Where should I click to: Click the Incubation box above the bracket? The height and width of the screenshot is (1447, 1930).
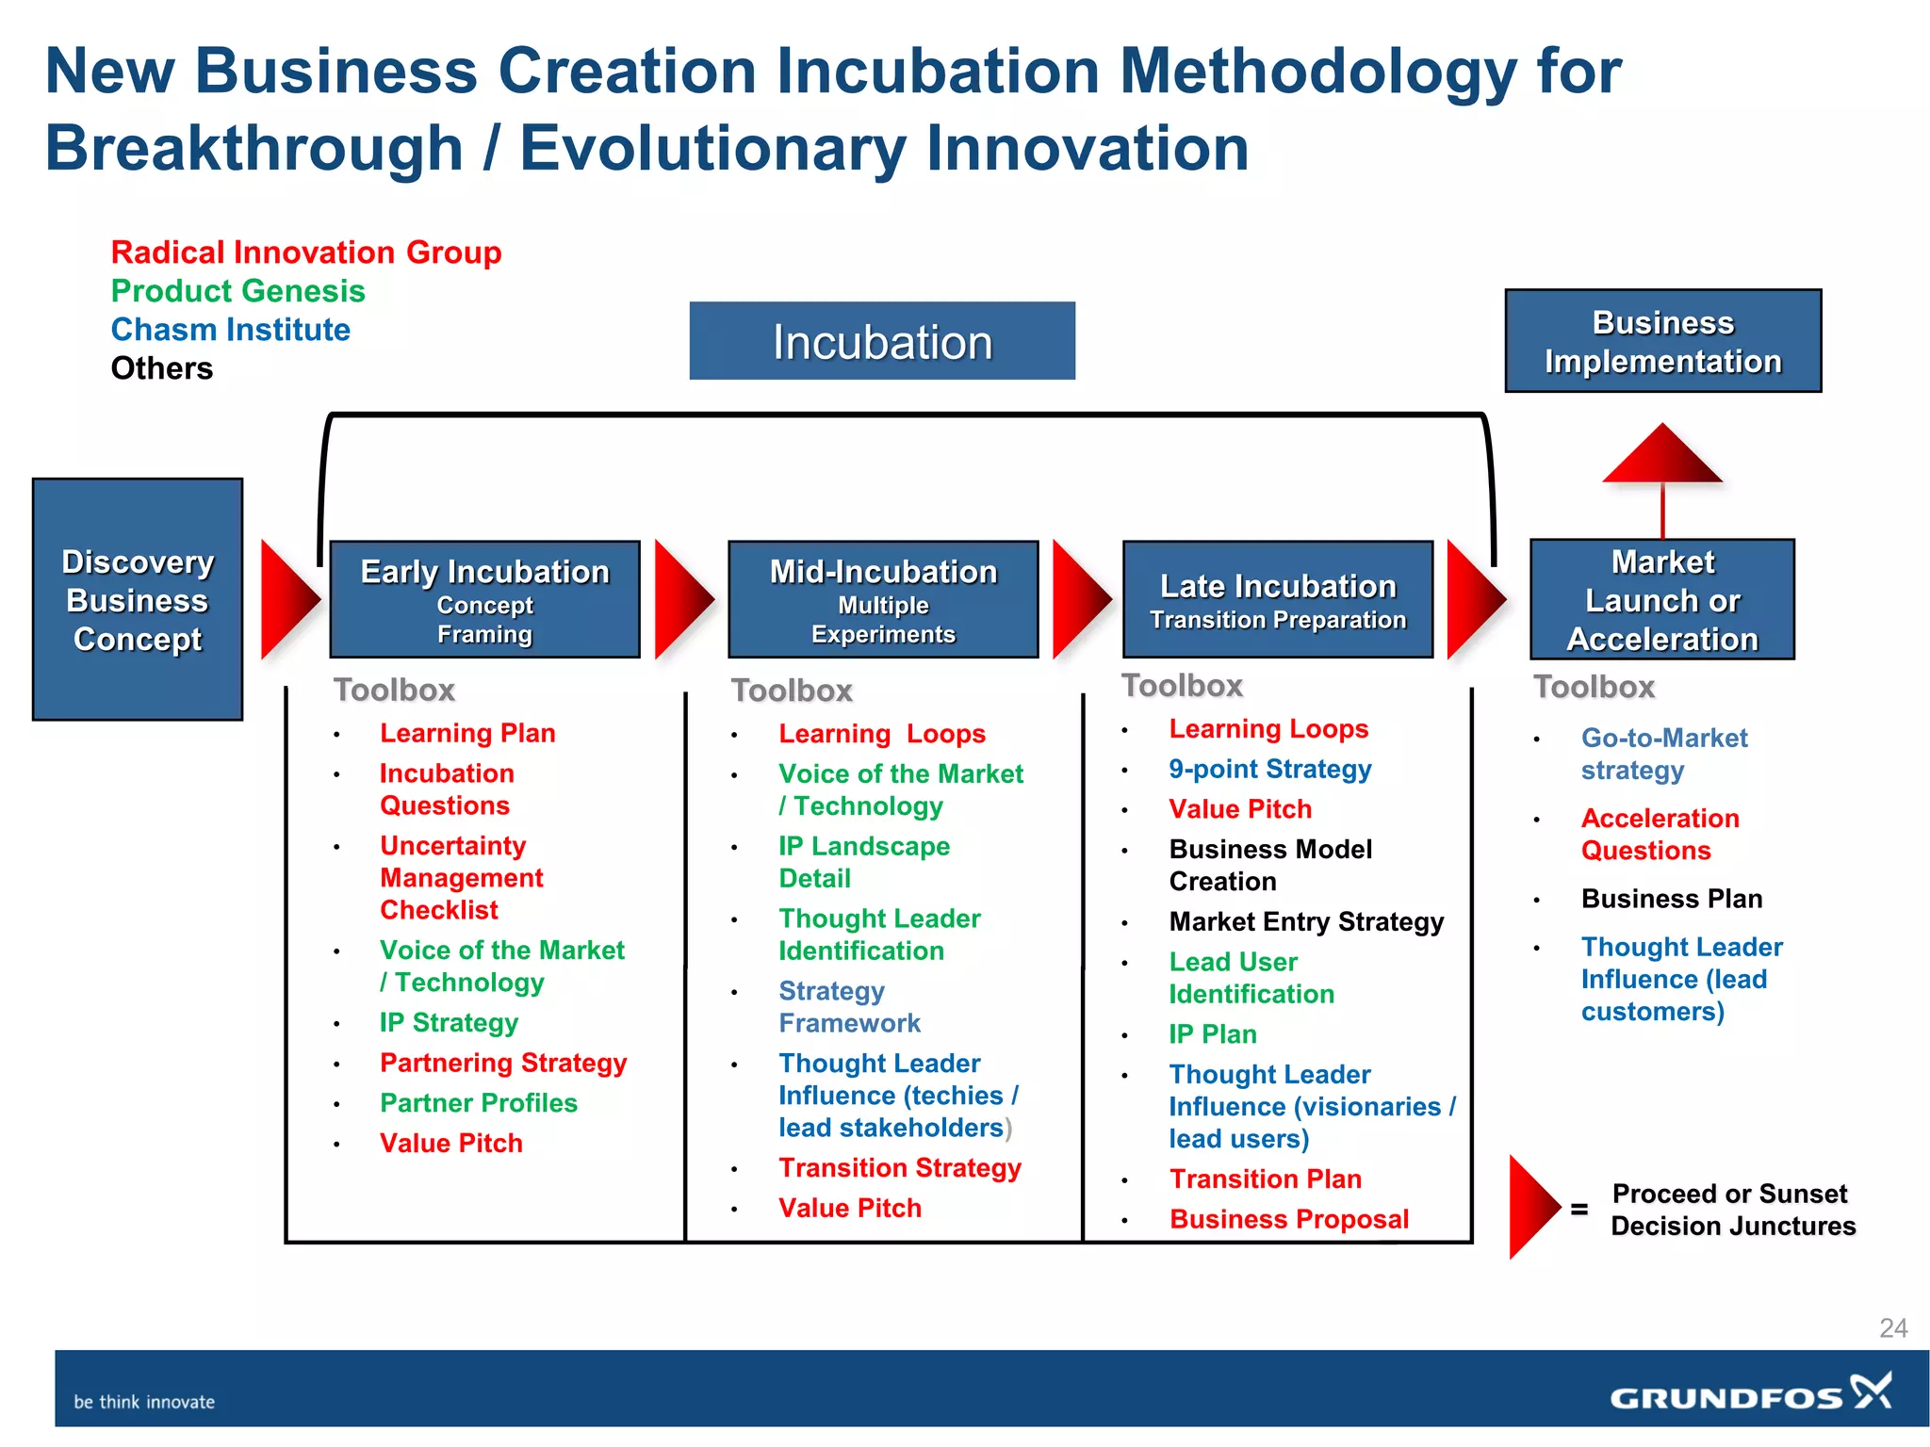[x=882, y=341]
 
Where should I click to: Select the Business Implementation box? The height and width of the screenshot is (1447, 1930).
[x=1662, y=341]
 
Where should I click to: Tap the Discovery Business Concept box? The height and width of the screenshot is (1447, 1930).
[x=138, y=600]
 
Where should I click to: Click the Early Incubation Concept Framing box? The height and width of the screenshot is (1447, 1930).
[x=484, y=600]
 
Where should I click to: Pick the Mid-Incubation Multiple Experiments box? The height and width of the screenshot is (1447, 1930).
[x=883, y=600]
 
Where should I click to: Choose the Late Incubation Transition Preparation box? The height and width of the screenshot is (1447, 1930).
[x=1278, y=600]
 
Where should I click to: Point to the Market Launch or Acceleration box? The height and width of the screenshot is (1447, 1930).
[x=1662, y=600]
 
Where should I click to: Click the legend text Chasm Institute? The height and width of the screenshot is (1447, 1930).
[x=230, y=330]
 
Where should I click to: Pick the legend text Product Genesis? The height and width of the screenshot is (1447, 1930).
[x=237, y=291]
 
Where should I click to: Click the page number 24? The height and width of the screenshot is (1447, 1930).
[x=1892, y=1328]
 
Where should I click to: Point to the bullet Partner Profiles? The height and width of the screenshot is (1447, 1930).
[x=478, y=1103]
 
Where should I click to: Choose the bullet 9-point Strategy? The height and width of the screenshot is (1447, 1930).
[x=1269, y=769]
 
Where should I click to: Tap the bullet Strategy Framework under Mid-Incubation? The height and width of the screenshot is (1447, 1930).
[x=848, y=1007]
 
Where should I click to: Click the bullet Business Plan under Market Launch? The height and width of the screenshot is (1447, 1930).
[x=1671, y=899]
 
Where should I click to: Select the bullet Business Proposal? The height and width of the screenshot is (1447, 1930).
[x=1288, y=1219]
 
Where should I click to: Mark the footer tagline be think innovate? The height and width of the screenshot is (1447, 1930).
[x=144, y=1402]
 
